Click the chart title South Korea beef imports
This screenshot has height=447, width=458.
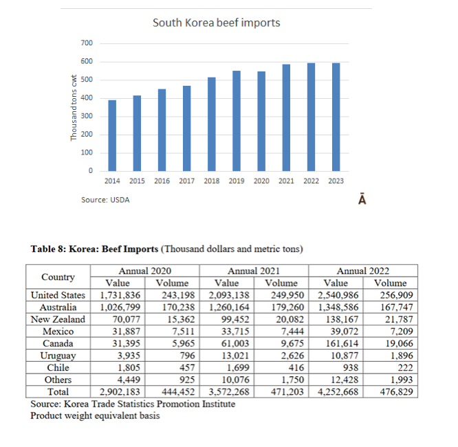click(216, 23)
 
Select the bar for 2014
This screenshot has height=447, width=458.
click(112, 135)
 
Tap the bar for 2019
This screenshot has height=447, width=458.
click(236, 121)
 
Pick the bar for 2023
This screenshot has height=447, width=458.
click(336, 117)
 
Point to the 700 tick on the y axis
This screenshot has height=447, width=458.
click(87, 43)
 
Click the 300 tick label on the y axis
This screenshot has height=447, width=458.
click(87, 116)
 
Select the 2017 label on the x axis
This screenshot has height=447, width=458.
click(186, 181)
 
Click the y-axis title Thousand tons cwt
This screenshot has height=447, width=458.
click(74, 108)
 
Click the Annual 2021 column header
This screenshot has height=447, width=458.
click(253, 271)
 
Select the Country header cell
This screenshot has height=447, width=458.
click(58, 277)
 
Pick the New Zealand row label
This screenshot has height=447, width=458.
click(58, 319)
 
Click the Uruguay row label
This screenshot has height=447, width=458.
click(58, 356)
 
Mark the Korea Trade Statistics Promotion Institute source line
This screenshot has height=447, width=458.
click(133, 404)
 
